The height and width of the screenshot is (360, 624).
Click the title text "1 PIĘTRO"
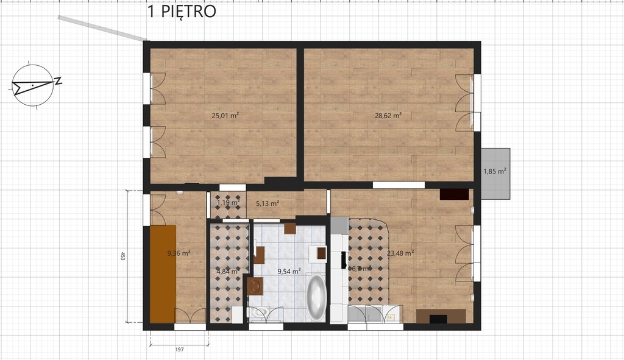click(182, 12)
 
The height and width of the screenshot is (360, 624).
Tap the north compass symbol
click(33, 85)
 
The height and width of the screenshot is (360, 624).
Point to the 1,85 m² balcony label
click(495, 171)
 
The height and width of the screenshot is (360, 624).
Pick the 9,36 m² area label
click(179, 253)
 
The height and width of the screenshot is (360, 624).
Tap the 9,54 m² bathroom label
click(289, 271)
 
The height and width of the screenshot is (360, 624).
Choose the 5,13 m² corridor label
click(267, 203)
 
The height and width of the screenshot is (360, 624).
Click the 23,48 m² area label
click(402, 253)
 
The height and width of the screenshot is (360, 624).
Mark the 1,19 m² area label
click(227, 203)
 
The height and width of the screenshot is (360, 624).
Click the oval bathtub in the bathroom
click(316, 298)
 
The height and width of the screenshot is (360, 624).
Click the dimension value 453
click(122, 256)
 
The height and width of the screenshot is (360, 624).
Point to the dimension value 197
click(179, 349)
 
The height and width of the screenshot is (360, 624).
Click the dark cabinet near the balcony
click(454, 194)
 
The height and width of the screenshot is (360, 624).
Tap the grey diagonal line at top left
click(102, 28)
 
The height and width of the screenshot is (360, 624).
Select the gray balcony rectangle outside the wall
click(495, 174)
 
